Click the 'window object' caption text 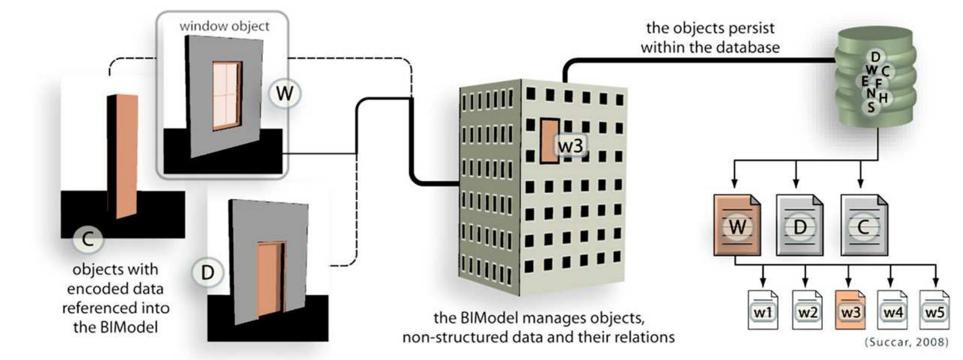point(224,26)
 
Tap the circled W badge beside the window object point(284,93)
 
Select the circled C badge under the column point(87,238)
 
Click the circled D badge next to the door point(207,273)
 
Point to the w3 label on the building point(571,146)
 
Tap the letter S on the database point(871,107)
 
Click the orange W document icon point(736,226)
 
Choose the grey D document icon point(800,226)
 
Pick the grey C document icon point(864,226)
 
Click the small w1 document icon point(763,310)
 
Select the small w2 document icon point(807,310)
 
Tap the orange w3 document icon point(850,310)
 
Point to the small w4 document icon point(892,310)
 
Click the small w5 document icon point(935,310)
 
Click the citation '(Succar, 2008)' point(906,342)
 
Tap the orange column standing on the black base point(126,156)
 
